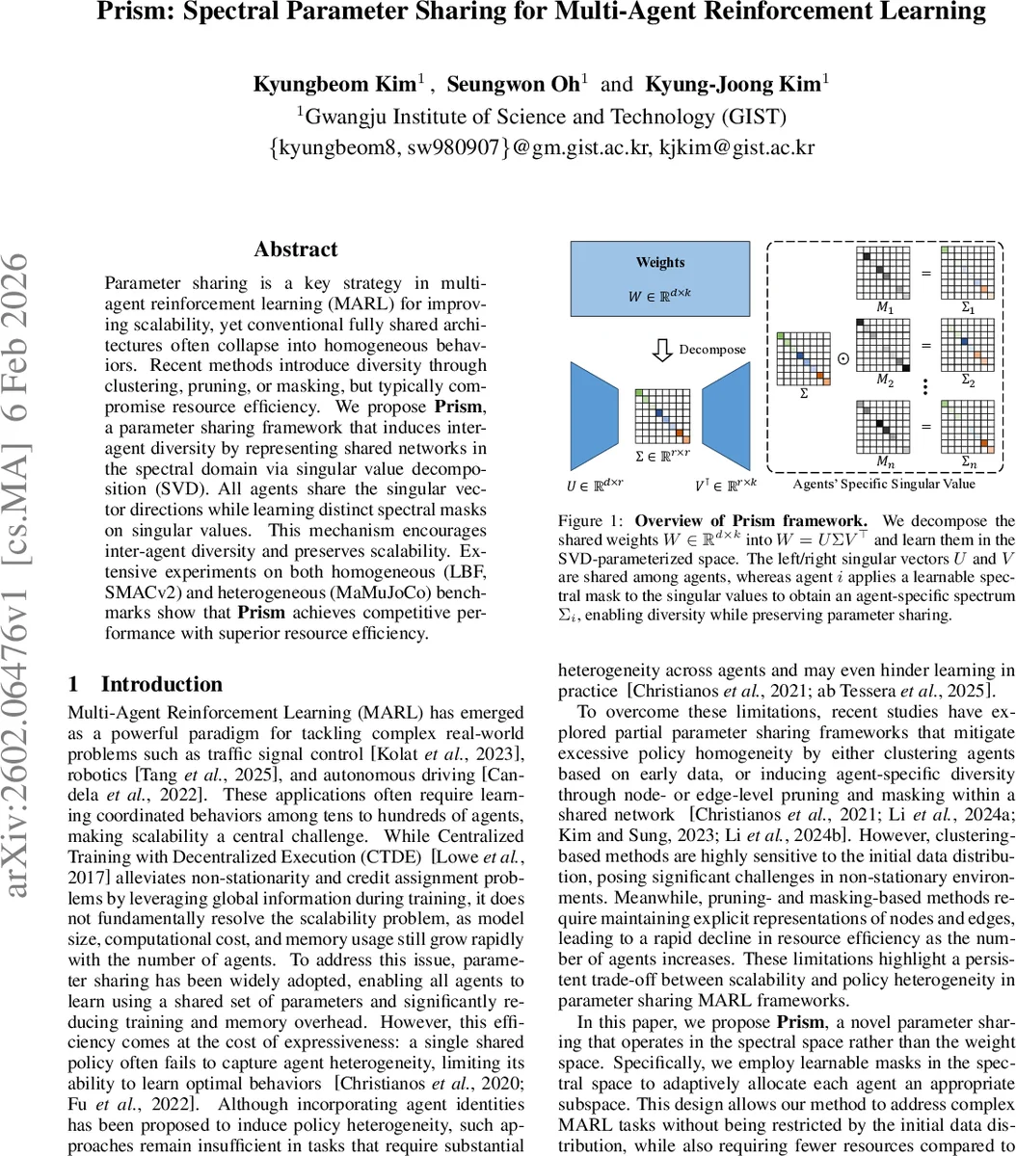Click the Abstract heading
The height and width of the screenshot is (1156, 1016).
click(296, 250)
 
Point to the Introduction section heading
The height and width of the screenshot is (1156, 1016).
click(161, 684)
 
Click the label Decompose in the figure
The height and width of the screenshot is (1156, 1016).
click(712, 349)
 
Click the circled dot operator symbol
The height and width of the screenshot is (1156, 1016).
click(843, 357)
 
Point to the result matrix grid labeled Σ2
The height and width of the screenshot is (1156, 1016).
click(968, 343)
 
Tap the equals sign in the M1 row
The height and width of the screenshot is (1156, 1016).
click(926, 273)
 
